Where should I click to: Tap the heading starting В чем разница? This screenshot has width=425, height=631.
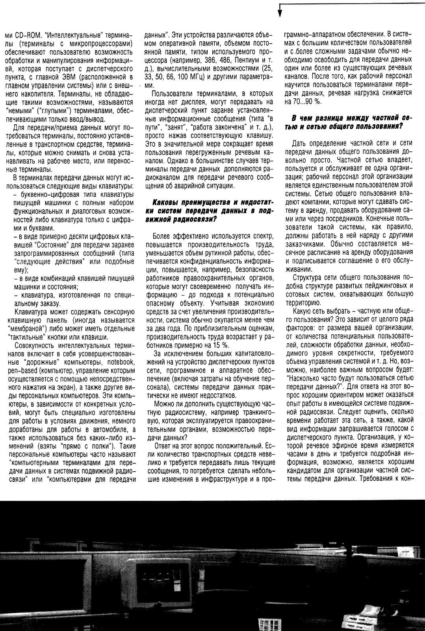click(347, 122)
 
